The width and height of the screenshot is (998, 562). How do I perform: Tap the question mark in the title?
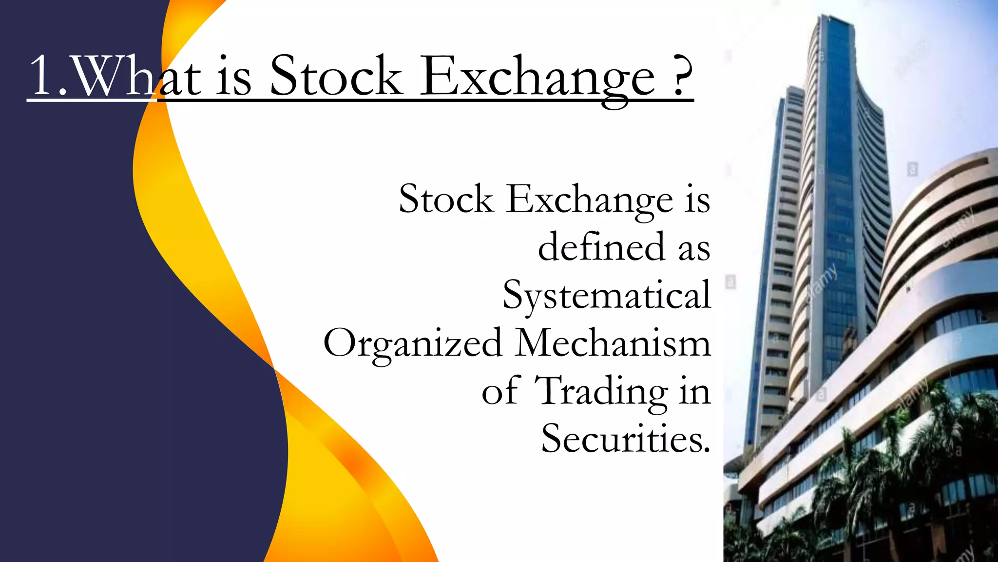coord(681,76)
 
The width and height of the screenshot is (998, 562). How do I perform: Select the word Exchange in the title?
coord(537,78)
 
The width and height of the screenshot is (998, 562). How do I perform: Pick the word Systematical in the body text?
coord(607,296)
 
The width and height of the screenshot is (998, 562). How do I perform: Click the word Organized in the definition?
coord(413,343)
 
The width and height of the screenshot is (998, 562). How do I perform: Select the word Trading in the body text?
coord(601,391)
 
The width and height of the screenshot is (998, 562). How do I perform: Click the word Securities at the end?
coord(621,438)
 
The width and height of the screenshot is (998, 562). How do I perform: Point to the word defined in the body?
coord(601,247)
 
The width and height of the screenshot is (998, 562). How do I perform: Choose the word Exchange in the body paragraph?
coord(590,200)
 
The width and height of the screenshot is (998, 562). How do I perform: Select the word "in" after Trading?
coord(695,391)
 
